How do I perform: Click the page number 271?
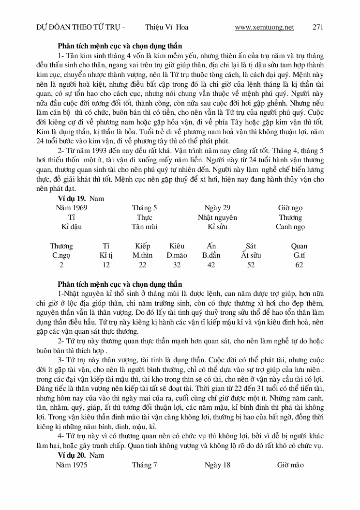coord(318,28)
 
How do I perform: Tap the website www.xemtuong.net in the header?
coord(264,28)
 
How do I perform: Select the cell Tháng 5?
coord(144,208)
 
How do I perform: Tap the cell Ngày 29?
coord(217,208)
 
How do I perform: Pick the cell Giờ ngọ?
coord(290,208)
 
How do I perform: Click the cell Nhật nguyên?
coord(217,217)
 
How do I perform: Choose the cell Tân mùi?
coord(144,227)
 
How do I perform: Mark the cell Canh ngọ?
coord(290,227)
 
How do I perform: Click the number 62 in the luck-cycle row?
coord(299,265)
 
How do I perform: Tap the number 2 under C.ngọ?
coord(61,265)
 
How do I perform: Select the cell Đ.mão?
coord(177,255)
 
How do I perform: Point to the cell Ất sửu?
coord(251,255)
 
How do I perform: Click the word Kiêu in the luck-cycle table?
coord(177,246)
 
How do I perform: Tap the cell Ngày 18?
coord(217,465)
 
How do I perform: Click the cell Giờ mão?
coord(290,465)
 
